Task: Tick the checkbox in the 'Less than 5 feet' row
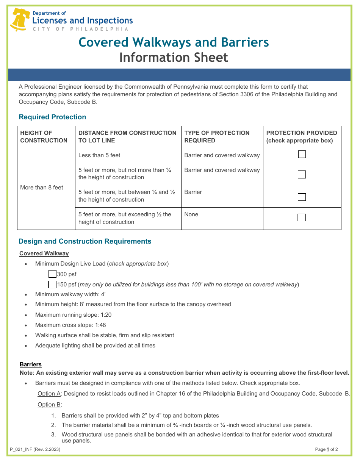click(302, 155)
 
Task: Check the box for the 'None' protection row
click(302, 217)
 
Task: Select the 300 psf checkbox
click(53, 274)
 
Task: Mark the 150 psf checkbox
click(53, 284)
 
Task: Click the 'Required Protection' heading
click(52, 117)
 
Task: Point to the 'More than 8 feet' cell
click(42, 188)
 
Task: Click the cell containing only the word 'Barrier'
click(193, 192)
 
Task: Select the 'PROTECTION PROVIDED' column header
click(302, 137)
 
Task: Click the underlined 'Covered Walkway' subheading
click(44, 253)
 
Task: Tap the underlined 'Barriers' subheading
click(30, 364)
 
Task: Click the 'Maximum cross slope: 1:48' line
click(70, 325)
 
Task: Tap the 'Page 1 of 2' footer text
click(326, 449)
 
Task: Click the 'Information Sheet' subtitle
click(174, 58)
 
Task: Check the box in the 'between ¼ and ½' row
click(302, 197)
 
